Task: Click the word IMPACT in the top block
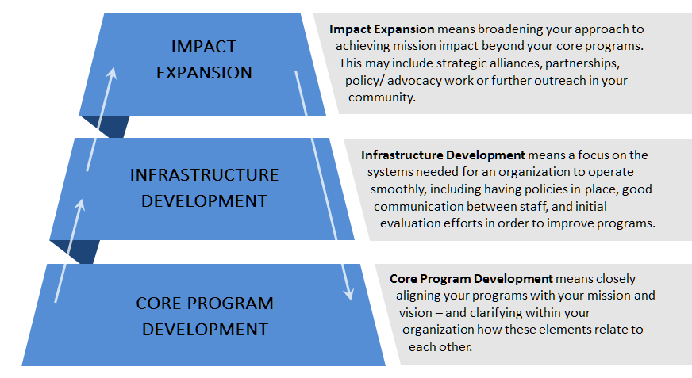[204, 46]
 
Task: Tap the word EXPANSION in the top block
[204, 72]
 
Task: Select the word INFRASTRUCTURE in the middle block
[204, 174]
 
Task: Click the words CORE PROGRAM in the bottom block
[205, 303]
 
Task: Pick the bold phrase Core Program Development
[471, 279]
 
